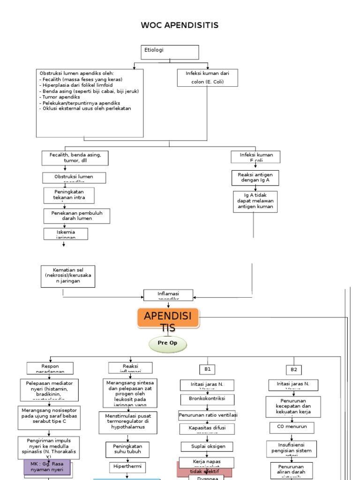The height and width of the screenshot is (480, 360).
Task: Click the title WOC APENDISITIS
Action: pos(180,25)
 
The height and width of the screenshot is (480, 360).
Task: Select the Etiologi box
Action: pos(170,52)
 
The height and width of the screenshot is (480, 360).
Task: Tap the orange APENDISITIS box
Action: pos(168,321)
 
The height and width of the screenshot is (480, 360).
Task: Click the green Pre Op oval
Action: pos(168,345)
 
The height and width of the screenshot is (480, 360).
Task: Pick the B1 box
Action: pos(208,369)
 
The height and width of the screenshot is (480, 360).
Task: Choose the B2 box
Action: pos(294,369)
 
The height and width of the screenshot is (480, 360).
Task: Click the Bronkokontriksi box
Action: pos(207,399)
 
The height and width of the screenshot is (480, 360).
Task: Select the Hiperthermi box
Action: pos(127,467)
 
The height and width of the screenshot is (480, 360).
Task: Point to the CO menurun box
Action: pos(292,427)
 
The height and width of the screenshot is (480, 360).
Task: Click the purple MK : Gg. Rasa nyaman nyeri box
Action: pos(47,467)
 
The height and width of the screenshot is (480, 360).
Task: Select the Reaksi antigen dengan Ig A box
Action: pos(255,178)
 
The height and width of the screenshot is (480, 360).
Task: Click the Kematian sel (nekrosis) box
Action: pos(68,276)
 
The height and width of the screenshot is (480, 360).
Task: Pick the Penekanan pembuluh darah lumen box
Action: pos(77,216)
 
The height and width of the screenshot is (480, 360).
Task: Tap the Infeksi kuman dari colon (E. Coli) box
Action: pos(208,77)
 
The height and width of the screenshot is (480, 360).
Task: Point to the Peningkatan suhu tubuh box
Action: pos(127,450)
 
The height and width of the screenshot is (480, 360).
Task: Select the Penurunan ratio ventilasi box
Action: pos(208,415)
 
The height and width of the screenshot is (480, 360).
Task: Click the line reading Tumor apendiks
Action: pos(60,97)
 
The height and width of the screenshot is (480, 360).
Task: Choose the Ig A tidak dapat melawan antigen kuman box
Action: pos(255,201)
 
